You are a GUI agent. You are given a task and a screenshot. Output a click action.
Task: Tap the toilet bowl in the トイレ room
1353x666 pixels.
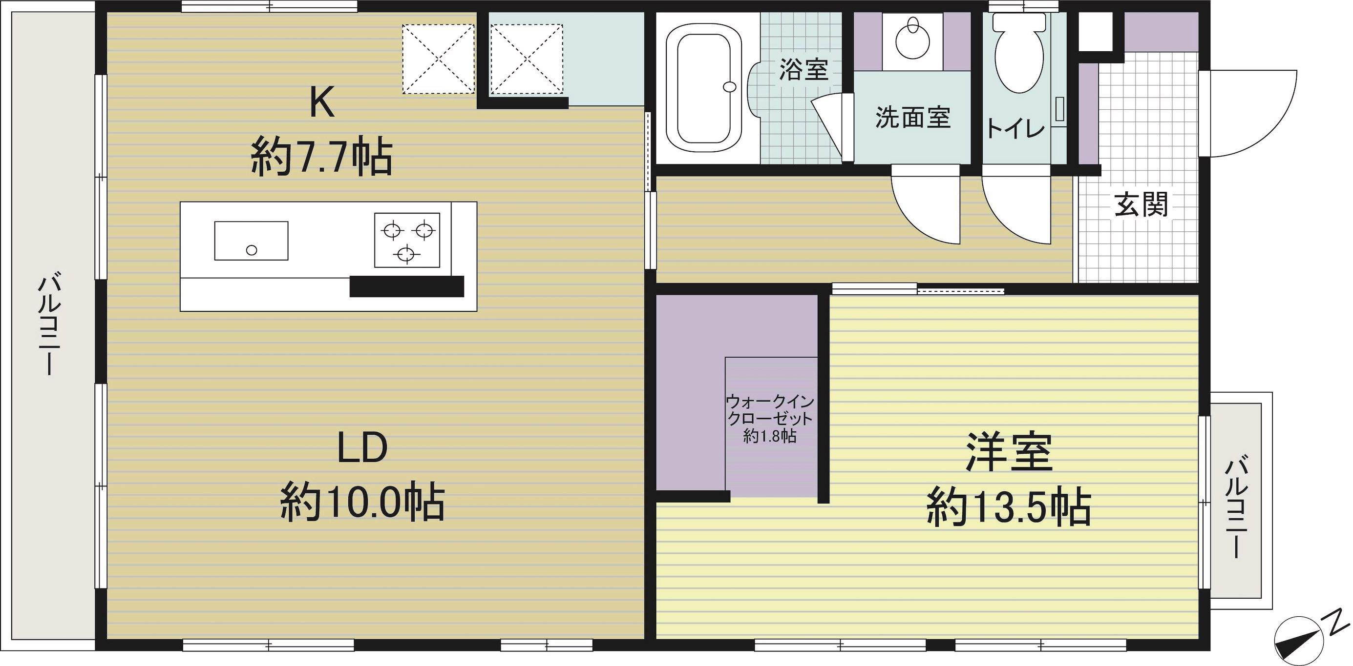click(1019, 53)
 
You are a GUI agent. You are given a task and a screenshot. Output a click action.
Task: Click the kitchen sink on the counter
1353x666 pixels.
click(251, 241)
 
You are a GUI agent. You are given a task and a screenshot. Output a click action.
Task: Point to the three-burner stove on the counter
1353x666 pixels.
click(407, 240)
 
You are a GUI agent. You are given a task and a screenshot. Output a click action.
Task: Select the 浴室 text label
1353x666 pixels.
click(803, 69)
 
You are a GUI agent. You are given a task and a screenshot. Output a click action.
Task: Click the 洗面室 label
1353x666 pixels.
click(913, 118)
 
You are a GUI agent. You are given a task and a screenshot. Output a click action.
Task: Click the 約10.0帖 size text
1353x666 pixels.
click(362, 502)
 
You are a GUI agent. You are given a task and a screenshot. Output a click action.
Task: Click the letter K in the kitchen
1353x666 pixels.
click(321, 103)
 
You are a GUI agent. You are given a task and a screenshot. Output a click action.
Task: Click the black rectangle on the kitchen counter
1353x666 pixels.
click(406, 286)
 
